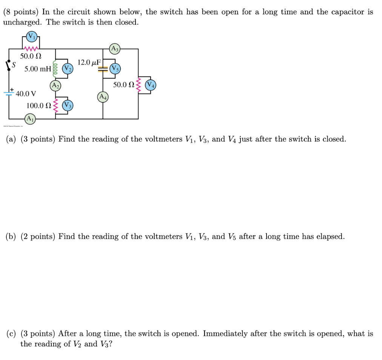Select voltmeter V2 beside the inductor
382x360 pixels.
click(67, 69)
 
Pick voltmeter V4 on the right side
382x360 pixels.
click(151, 85)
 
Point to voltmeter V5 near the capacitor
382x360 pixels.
click(115, 69)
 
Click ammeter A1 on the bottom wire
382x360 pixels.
click(31, 118)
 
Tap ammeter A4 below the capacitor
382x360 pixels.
click(103, 97)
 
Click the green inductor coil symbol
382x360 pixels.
click(55, 69)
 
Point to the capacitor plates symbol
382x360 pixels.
click(103, 69)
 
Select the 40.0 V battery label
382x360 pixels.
click(26, 93)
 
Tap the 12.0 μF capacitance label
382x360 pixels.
click(89, 62)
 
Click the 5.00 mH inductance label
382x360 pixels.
click(38, 69)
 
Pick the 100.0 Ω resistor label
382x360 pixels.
click(39, 105)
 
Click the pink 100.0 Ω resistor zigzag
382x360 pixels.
click(56, 105)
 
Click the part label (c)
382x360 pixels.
click(11, 334)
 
